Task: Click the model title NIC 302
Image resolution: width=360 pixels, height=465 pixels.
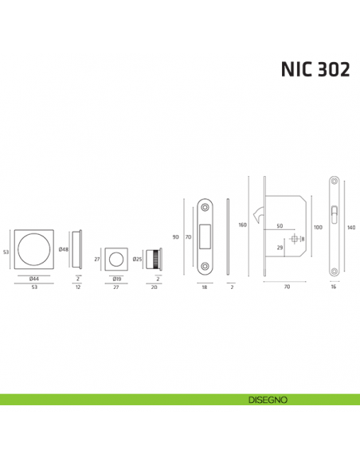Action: (x=314, y=69)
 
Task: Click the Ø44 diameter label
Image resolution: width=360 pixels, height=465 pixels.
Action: (x=34, y=279)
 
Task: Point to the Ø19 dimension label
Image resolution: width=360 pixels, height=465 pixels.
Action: (x=116, y=279)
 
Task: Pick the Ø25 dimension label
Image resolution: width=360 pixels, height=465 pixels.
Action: (x=137, y=259)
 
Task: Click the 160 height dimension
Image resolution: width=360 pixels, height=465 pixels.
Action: (x=242, y=225)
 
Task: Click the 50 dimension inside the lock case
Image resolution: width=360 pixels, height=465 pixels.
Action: (x=280, y=226)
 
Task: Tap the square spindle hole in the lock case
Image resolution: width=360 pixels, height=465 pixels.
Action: (x=295, y=239)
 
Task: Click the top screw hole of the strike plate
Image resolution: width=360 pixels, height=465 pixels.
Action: (x=205, y=208)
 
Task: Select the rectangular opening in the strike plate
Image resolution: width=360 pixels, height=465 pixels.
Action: (x=205, y=236)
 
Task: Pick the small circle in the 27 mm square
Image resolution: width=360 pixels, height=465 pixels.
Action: (x=116, y=259)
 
